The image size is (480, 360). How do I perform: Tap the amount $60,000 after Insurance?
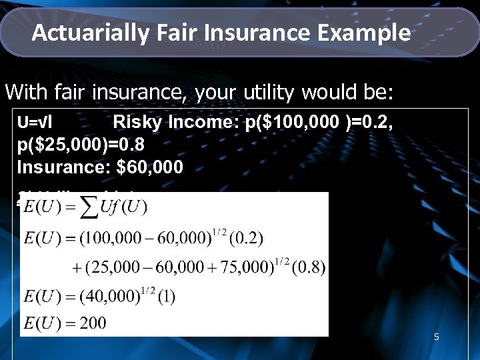point(149,166)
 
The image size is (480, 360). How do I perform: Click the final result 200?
point(92,323)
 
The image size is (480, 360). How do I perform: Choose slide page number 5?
point(436,337)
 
